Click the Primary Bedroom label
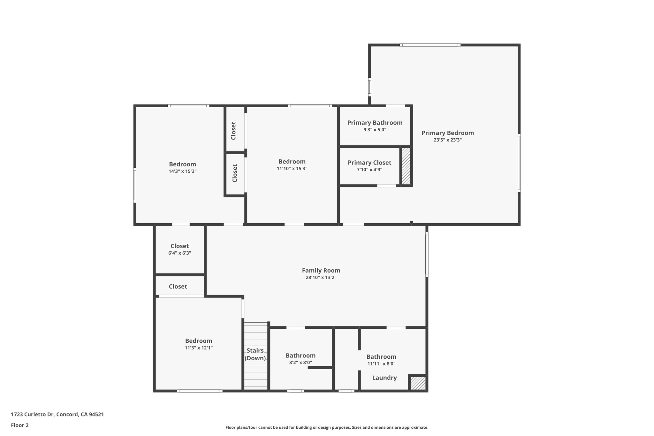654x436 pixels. point(447,133)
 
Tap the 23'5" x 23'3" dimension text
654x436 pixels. point(447,140)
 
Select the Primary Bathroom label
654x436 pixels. point(375,123)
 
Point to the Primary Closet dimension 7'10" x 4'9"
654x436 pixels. point(369,170)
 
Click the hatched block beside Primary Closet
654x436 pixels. point(406,166)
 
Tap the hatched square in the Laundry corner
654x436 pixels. point(418,383)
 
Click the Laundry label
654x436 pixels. point(384,378)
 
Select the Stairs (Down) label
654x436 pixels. point(255,354)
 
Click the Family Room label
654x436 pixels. point(321,271)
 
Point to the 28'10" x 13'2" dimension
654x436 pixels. point(321,278)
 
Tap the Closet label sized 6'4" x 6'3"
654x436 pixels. point(179,246)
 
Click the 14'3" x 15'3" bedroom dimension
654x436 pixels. point(182,171)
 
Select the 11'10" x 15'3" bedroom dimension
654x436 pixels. point(292,169)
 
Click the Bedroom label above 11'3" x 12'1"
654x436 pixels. point(198,341)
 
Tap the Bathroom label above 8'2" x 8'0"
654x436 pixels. point(300,356)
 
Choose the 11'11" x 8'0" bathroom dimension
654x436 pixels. point(381,364)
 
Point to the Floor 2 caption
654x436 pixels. point(20,425)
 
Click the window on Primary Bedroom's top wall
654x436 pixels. point(430,45)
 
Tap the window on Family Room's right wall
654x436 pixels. point(427,254)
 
